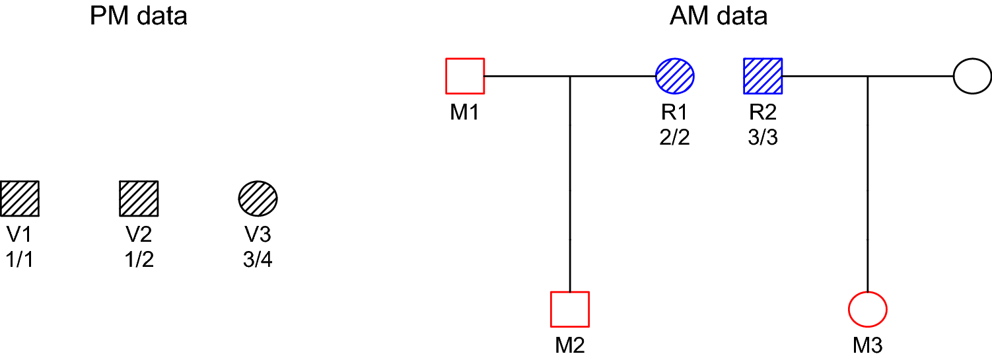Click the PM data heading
click(x=139, y=16)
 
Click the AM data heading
click(x=719, y=16)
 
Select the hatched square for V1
click(x=20, y=198)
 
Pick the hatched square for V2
click(x=139, y=198)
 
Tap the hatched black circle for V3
click(x=258, y=198)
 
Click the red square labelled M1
click(x=465, y=77)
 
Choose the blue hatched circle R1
click(x=674, y=77)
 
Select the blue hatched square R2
click(x=763, y=77)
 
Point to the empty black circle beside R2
click(x=972, y=77)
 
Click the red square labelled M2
click(x=569, y=309)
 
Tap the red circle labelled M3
click(x=867, y=309)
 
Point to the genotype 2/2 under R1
click(x=674, y=138)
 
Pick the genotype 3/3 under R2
click(x=763, y=138)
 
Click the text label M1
click(x=465, y=113)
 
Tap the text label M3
click(x=867, y=345)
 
